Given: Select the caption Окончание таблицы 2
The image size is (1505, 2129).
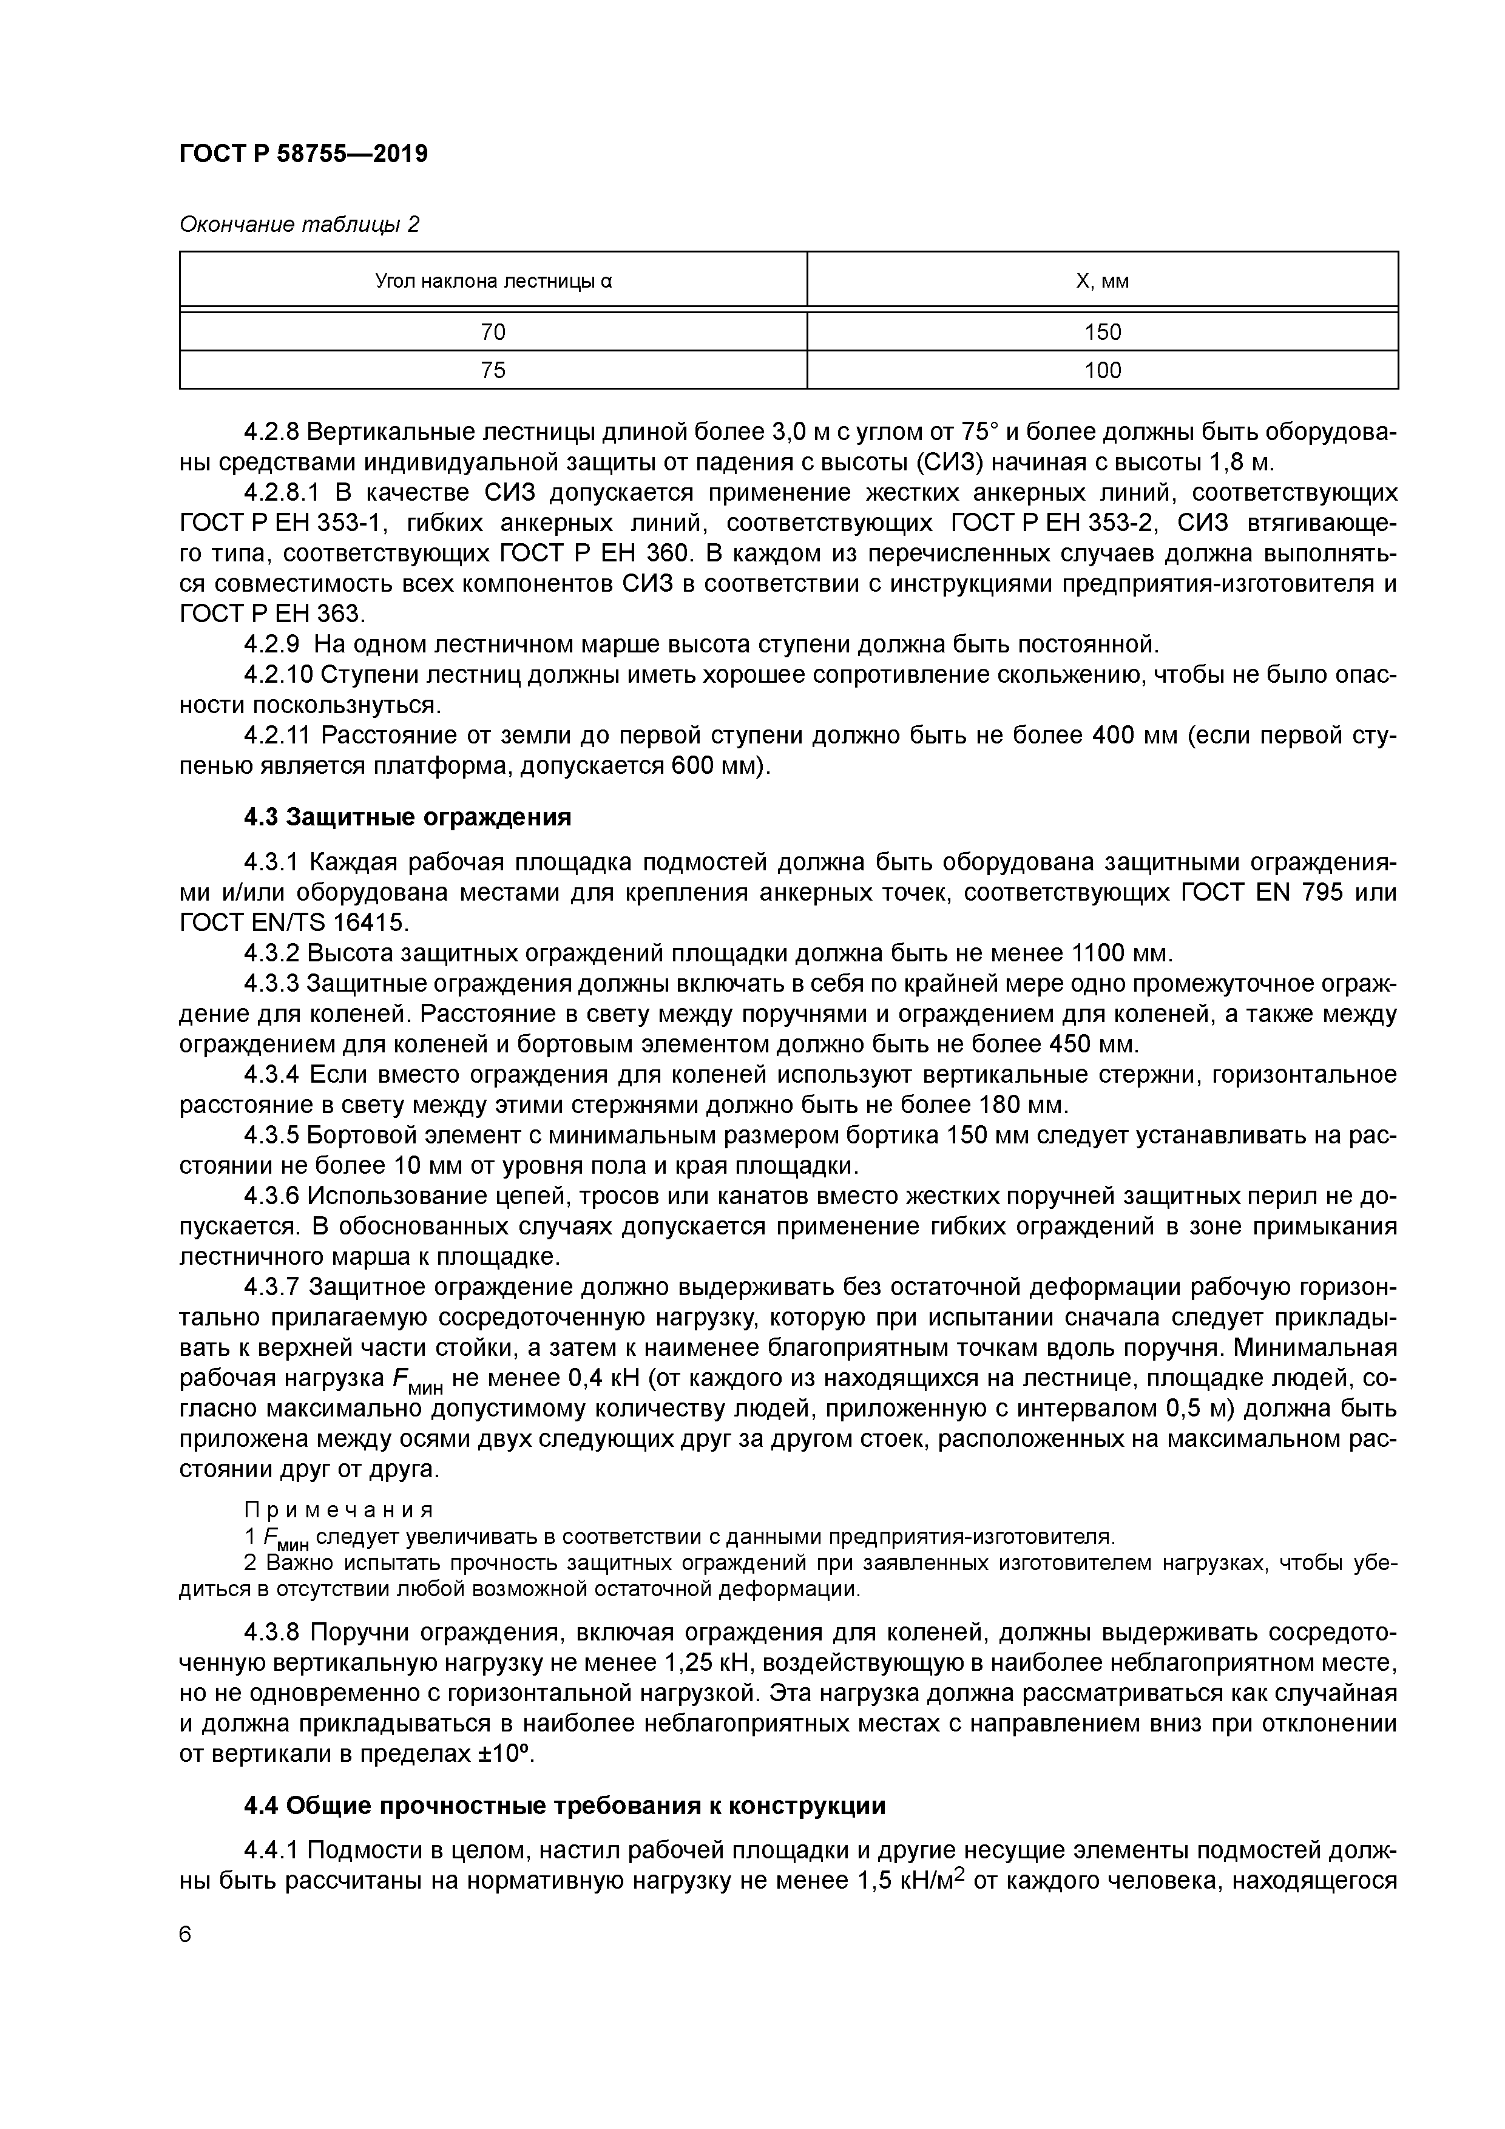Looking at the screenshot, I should [x=299, y=225].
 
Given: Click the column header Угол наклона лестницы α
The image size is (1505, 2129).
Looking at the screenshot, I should [x=493, y=281].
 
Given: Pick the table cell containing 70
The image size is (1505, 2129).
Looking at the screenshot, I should [x=493, y=332].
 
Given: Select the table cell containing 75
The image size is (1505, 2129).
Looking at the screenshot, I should [x=493, y=371].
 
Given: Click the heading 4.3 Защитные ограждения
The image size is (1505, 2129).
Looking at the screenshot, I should [x=407, y=817].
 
